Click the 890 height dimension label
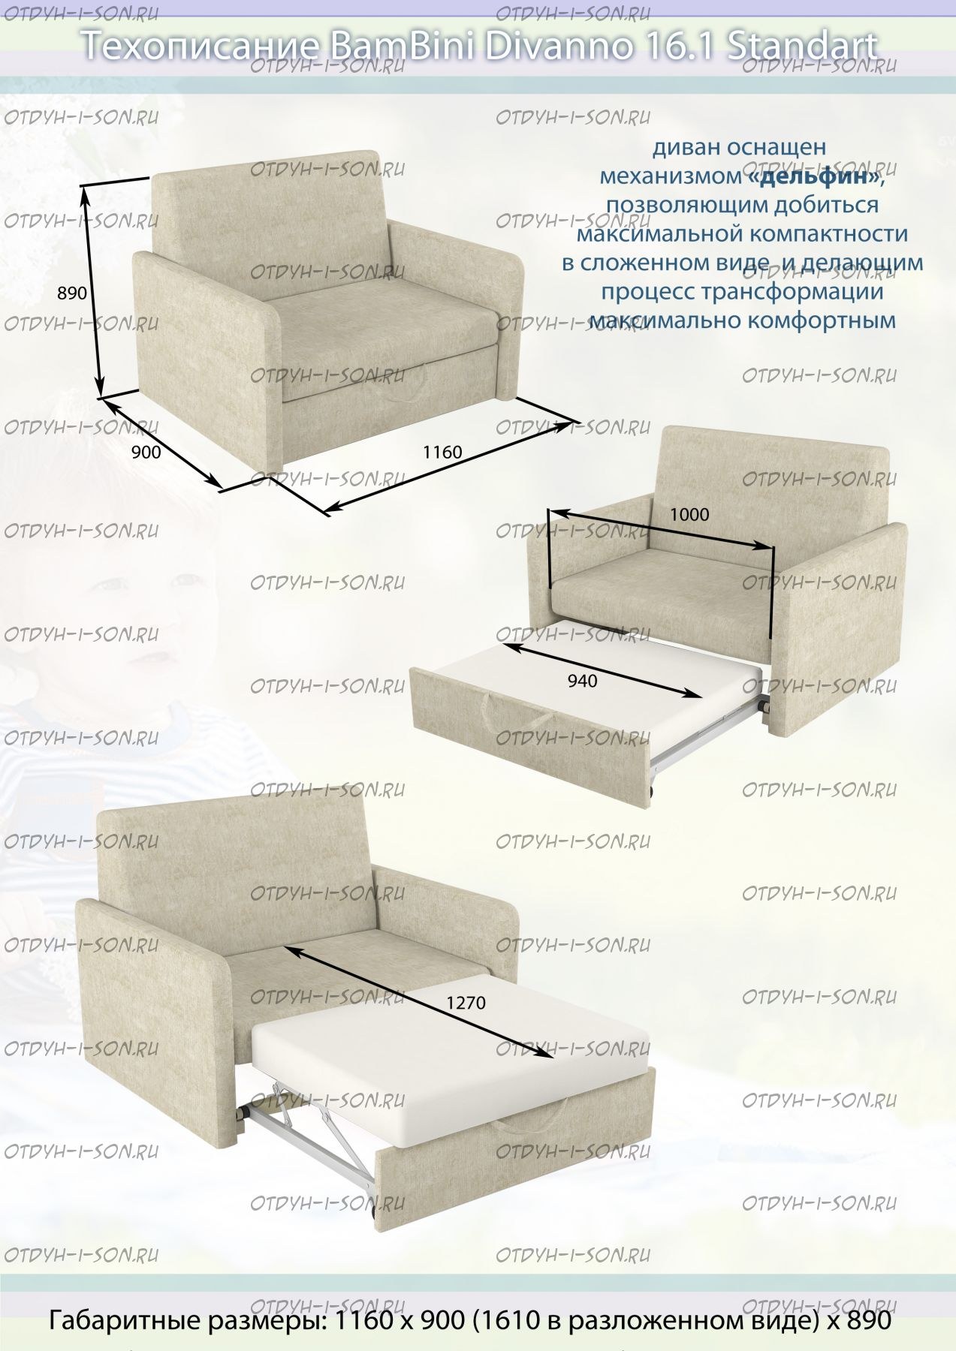point(72,293)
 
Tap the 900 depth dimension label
point(146,452)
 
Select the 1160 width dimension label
point(442,452)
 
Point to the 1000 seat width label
point(689,514)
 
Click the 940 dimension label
point(583,681)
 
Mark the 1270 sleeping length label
point(466,1003)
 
